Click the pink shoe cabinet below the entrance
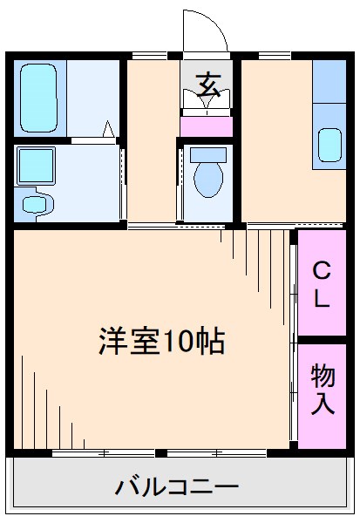click(x=207, y=126)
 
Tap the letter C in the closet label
click(x=322, y=268)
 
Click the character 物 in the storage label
click(x=323, y=377)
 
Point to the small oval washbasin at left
click(x=36, y=205)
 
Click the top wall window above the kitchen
click(x=275, y=56)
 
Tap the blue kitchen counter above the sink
click(x=329, y=92)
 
